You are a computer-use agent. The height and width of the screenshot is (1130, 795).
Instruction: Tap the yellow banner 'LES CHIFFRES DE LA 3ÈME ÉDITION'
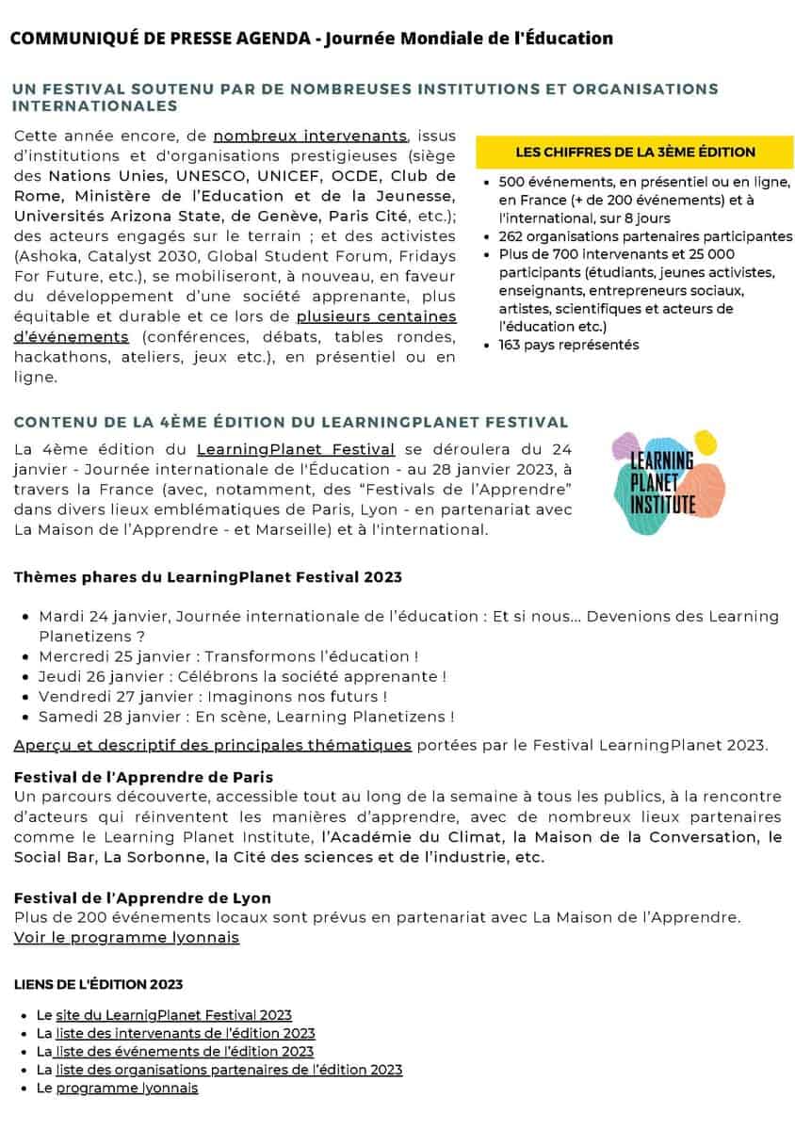point(635,152)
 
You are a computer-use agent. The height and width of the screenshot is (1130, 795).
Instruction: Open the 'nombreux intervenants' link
point(310,136)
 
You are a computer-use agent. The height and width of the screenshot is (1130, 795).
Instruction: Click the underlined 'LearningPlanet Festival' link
point(296,449)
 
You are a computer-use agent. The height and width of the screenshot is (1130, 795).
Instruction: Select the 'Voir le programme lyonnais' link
point(126,938)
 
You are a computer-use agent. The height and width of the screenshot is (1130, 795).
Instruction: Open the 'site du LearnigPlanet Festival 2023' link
point(173,1015)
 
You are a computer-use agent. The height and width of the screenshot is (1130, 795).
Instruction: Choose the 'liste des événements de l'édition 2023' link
point(184,1051)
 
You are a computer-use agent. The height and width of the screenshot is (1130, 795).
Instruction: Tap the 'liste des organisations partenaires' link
point(229,1070)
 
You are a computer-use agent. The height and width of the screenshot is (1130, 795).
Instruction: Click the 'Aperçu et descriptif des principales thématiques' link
point(213,746)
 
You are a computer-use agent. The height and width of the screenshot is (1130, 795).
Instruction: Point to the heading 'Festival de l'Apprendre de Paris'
point(143,777)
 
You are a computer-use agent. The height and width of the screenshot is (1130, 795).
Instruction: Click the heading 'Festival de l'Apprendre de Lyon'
point(142,898)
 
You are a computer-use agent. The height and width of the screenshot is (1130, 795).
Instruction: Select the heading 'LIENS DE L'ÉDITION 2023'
point(98,984)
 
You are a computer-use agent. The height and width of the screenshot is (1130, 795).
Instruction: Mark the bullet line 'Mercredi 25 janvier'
point(228,656)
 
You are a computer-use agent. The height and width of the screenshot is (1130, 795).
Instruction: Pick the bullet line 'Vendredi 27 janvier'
point(213,697)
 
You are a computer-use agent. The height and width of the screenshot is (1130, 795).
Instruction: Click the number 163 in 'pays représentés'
point(512,345)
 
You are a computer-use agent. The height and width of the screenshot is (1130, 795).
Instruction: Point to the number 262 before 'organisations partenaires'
point(512,235)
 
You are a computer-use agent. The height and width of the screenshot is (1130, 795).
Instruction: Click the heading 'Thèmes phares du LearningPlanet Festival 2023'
point(207,576)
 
